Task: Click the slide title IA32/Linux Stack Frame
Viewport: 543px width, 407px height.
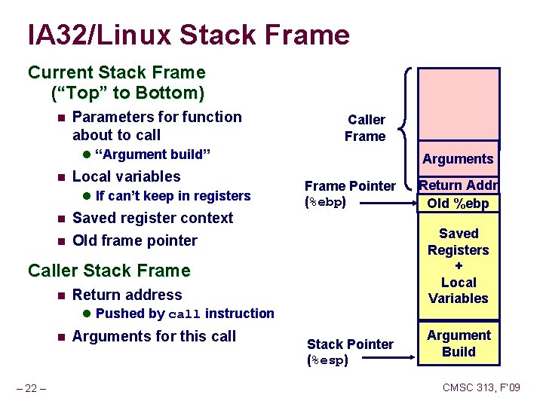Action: [x=189, y=35]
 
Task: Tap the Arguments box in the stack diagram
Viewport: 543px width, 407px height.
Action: [x=458, y=159]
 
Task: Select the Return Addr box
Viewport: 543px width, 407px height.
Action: [x=459, y=185]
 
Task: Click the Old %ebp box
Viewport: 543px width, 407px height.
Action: [x=458, y=203]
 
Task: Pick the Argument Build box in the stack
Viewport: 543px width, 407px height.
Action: [x=459, y=344]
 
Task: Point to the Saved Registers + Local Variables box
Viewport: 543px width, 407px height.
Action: [x=459, y=266]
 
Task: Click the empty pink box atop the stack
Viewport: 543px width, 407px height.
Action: [x=459, y=104]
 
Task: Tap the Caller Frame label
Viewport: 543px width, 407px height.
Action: [x=366, y=128]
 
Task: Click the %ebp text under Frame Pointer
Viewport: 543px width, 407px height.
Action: [x=325, y=202]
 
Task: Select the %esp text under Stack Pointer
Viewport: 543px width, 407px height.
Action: [x=328, y=360]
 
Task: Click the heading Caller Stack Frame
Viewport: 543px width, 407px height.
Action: [x=109, y=271]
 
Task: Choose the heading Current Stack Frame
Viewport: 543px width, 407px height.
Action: [x=116, y=73]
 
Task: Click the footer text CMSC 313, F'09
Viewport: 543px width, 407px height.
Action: [x=481, y=387]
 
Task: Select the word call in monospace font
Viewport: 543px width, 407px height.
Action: [x=184, y=314]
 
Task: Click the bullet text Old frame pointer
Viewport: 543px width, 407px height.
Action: [x=134, y=240]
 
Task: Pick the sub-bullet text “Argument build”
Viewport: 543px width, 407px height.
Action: [x=153, y=155]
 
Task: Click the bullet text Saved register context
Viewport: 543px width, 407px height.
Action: [x=152, y=218]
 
